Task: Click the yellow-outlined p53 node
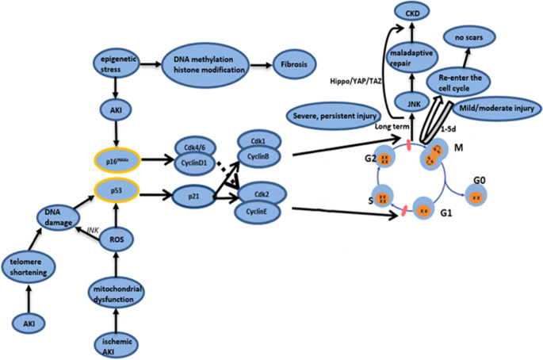point(117,190)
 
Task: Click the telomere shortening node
point(28,266)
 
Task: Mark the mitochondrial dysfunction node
point(117,294)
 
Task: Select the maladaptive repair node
point(411,58)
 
